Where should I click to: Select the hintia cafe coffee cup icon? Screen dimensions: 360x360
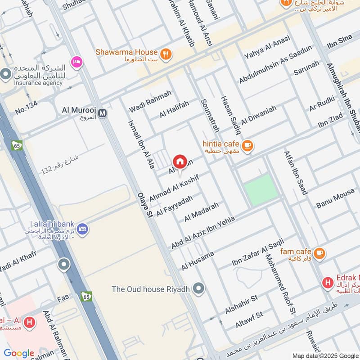pos(247,145)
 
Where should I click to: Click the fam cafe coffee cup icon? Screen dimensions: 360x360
pos(319,253)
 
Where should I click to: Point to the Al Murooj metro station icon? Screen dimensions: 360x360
pos(103,113)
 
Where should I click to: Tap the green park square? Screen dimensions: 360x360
pos(261,190)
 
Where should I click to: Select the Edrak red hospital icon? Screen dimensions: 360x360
pos(328,283)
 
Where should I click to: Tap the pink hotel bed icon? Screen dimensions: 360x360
pos(77,62)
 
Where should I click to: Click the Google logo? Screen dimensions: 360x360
pos(19,353)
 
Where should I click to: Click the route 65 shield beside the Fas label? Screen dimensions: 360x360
pos(87,296)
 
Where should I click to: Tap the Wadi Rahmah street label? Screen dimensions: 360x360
pos(150,102)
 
